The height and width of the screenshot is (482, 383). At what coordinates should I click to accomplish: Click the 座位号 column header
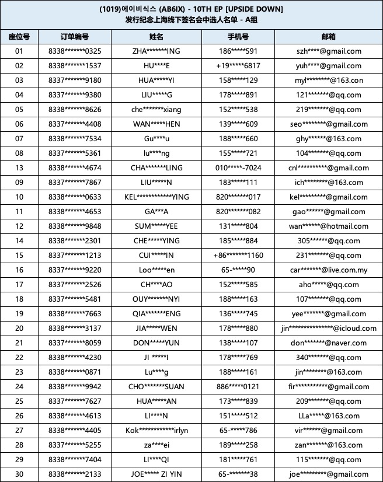tap(19, 37)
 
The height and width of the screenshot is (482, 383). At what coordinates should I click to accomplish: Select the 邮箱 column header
tap(328, 37)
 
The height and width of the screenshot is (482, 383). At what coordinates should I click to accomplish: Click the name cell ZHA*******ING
tap(156, 51)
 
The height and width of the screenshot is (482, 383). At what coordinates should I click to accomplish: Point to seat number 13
tap(19, 168)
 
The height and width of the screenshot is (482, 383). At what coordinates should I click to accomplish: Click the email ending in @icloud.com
tap(328, 328)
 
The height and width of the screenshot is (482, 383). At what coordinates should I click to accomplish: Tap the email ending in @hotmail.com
tap(328, 226)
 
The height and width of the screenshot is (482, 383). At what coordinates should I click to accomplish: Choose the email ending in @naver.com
tap(328, 343)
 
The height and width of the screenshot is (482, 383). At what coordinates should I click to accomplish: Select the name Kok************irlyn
tap(156, 430)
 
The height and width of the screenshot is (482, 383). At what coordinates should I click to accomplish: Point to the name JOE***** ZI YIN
tap(156, 474)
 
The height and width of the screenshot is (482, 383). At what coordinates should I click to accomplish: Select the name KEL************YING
tap(156, 197)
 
